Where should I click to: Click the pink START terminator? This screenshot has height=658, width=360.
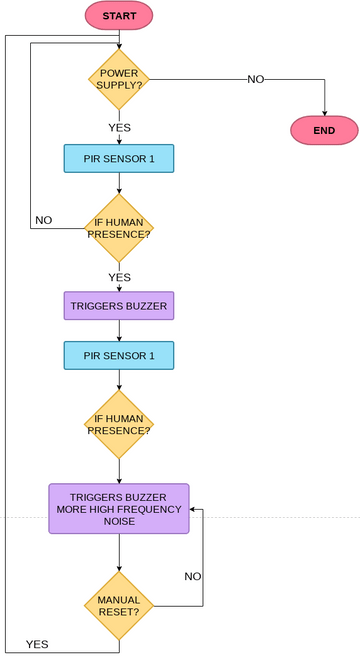(119, 16)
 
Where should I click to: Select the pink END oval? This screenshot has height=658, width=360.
(324, 130)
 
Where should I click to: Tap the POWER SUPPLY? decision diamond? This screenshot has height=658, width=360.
(119, 79)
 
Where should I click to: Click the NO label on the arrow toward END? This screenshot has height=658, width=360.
(256, 79)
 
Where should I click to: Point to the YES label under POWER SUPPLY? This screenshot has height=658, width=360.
(119, 127)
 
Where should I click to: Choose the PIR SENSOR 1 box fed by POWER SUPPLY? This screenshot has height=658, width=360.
(119, 158)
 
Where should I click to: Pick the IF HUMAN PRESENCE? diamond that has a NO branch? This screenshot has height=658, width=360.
(119, 228)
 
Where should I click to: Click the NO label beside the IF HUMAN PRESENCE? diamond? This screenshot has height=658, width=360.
(44, 219)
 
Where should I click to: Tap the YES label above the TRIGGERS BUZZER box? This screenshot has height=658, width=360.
(119, 277)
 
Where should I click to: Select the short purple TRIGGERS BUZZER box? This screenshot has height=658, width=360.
(119, 306)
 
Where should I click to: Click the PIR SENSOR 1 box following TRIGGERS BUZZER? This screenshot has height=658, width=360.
(119, 355)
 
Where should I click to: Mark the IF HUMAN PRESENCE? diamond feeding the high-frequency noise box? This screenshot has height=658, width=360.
(119, 424)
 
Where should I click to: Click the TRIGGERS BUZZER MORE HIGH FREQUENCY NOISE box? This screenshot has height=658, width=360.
(119, 508)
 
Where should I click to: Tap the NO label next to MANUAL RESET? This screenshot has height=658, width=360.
(194, 576)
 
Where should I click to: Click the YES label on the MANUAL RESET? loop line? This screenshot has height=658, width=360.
(37, 644)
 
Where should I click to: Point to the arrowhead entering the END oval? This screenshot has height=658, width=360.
(324, 112)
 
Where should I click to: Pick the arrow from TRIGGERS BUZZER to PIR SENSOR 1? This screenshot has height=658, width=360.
(119, 330)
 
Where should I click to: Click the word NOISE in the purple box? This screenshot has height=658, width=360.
(119, 521)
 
